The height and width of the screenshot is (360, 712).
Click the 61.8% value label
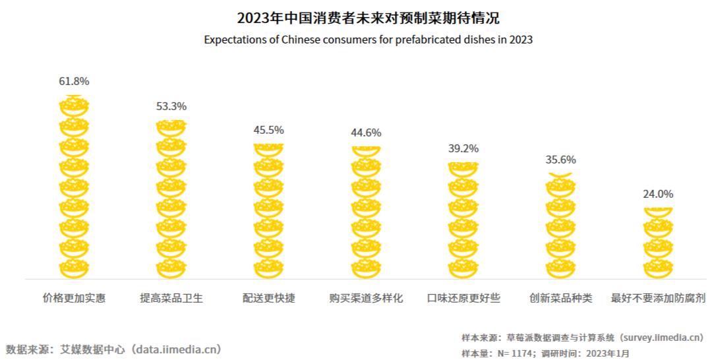tap(74, 82)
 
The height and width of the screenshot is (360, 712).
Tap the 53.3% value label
tap(171, 106)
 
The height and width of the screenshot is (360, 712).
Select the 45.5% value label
tap(269, 130)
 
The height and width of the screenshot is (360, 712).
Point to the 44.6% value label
tap(366, 133)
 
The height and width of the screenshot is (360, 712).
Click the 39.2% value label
tap(463, 149)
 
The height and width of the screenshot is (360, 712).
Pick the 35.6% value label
tap(561, 160)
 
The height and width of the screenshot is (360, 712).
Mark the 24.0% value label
tap(658, 195)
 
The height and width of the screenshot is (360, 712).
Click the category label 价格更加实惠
tap(74, 298)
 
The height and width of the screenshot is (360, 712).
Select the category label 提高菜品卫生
tap(171, 298)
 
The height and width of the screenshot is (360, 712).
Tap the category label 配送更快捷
tap(269, 298)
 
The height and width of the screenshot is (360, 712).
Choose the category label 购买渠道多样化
tap(366, 298)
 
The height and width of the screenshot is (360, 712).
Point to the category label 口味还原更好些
tap(463, 298)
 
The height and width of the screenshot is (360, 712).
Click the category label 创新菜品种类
tap(561, 298)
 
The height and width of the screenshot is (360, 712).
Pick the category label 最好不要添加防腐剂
tap(658, 298)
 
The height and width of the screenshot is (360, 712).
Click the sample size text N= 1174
tap(515, 353)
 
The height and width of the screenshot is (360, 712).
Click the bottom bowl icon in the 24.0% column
tap(658, 268)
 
